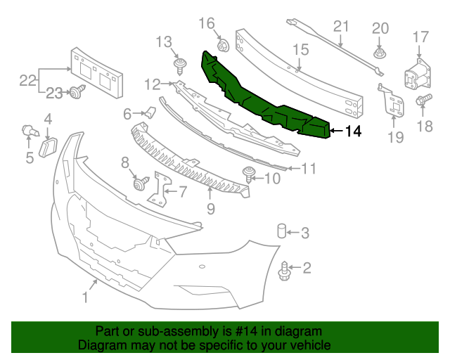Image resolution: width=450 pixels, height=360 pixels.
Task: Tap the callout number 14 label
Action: pos(353,130)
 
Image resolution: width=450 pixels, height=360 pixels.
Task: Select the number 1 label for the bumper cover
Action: pos(85,297)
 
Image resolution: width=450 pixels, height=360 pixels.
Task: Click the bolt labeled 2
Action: pos(285,268)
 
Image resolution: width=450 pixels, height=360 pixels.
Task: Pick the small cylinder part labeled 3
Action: pos(281,231)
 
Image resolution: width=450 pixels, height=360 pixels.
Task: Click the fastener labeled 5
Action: pos(29,131)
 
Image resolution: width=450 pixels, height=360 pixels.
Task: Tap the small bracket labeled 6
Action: pos(150,112)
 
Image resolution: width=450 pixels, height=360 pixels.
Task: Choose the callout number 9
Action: pos(210,209)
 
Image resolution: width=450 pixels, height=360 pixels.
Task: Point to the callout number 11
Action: pos(309,168)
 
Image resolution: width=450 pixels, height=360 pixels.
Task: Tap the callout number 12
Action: pos(153,85)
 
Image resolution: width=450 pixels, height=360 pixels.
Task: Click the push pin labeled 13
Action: pos(179,67)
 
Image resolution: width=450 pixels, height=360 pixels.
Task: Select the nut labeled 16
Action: pos(222,46)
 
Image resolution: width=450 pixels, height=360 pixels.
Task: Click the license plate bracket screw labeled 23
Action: pos(76,91)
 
